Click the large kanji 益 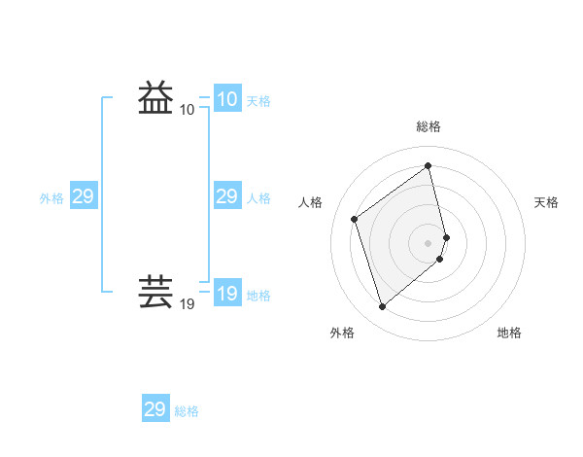pyautogui.click(x=156, y=98)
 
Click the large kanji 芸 pyautogui.click(x=156, y=293)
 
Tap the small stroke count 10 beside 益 pyautogui.click(x=188, y=110)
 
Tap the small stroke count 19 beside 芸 pyautogui.click(x=188, y=304)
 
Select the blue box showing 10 pyautogui.click(x=227, y=99)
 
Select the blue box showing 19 pyautogui.click(x=227, y=294)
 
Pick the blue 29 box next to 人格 pyautogui.click(x=227, y=196)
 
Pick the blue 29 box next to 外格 pyautogui.click(x=84, y=196)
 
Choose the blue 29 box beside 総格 pyautogui.click(x=155, y=409)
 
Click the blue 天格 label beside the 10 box pyautogui.click(x=258, y=101)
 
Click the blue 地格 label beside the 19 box pyautogui.click(x=258, y=296)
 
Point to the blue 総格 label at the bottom pyautogui.click(x=187, y=411)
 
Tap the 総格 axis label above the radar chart pyautogui.click(x=429, y=126)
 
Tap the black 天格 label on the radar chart pyautogui.click(x=547, y=202)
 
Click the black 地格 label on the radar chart pyautogui.click(x=509, y=333)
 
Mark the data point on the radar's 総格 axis pyautogui.click(x=429, y=165)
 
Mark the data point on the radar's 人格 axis pyautogui.click(x=355, y=219)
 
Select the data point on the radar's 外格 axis pyautogui.click(x=383, y=307)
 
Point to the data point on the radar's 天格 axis pyautogui.click(x=447, y=236)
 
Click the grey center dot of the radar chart pyautogui.click(x=429, y=242)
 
